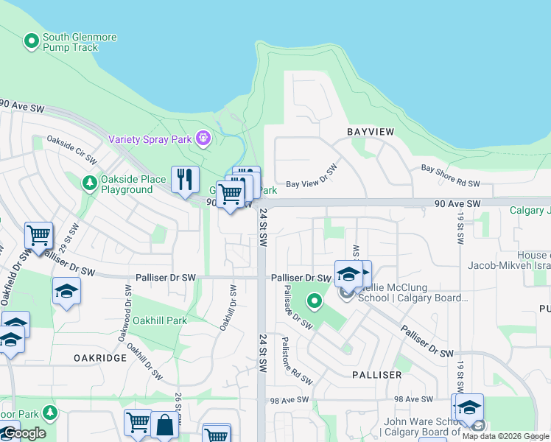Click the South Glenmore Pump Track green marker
click(x=32, y=42)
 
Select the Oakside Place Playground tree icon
click(x=89, y=182)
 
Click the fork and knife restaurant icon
click(x=185, y=179)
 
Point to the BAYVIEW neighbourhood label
click(x=371, y=131)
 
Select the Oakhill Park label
click(x=160, y=321)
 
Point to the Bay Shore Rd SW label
click(x=450, y=175)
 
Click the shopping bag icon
click(x=164, y=424)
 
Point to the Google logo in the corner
click(x=24, y=433)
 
